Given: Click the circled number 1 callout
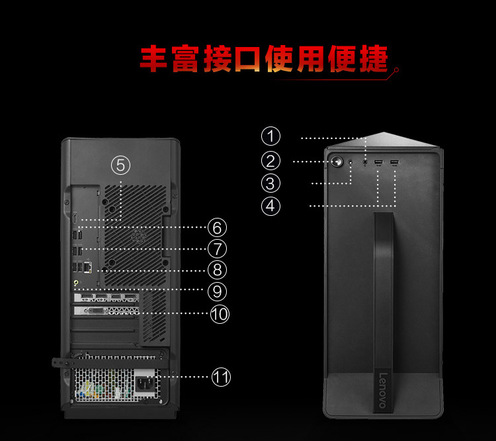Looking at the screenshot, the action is pos(270,136).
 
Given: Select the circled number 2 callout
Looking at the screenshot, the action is pos(270,161).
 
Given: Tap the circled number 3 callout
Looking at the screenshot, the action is pos(270,183).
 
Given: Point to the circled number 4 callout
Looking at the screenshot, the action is pos(270,206).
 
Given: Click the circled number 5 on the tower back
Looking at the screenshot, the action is pos(120,165).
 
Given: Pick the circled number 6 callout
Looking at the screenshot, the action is pos(217,228).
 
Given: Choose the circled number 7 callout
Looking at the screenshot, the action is pos(217,249).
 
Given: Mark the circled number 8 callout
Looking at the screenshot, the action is pos(217,270).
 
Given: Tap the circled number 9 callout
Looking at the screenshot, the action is pos(217,291).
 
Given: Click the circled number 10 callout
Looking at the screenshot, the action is pos(220,314).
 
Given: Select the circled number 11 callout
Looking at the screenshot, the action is pos(221,377).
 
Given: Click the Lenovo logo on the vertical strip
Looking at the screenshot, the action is pos(383,391).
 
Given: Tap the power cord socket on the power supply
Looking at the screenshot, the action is pos(145,384).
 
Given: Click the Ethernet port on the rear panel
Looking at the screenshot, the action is pos(88,267).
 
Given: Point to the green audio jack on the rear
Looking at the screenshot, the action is pos(76,282).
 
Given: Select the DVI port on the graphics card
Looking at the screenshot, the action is pos(95,311).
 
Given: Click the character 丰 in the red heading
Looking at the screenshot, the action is pos(153,59).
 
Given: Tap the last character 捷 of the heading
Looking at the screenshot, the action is pos(373,59).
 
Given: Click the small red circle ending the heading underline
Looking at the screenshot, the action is pos(396,70).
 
